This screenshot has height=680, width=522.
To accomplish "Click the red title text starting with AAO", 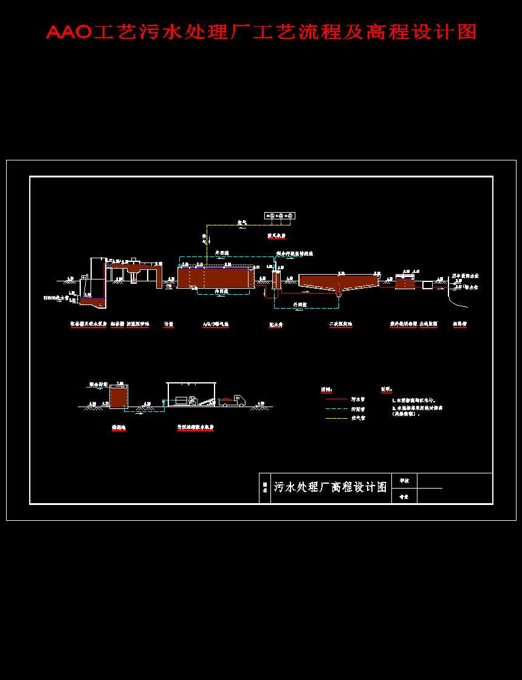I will [x=261, y=32].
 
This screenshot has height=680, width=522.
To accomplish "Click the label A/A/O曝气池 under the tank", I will [x=216, y=325].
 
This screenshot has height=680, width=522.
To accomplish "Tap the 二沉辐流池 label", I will [x=340, y=325].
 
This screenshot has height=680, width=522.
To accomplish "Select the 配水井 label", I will [x=278, y=325].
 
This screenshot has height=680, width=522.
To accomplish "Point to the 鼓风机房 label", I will [x=276, y=236].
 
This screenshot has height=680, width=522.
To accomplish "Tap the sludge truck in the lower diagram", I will [x=233, y=400].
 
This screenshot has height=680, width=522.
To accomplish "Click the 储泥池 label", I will [x=118, y=427].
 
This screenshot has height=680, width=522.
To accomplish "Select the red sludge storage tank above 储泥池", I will [x=118, y=396].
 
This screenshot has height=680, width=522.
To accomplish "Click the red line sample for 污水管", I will [x=336, y=399].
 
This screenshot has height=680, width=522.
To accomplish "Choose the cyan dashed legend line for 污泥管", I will [x=336, y=409].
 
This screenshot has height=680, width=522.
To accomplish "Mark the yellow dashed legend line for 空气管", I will [x=336, y=418].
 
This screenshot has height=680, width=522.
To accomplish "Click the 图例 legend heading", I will [x=326, y=389].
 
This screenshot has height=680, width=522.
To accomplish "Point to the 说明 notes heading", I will [x=386, y=389].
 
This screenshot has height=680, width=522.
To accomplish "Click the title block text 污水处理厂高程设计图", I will [x=330, y=487].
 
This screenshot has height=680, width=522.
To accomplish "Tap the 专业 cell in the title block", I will [x=404, y=496].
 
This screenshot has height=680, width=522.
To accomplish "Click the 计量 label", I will [x=169, y=325].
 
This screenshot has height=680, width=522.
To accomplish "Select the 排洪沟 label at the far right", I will [x=459, y=325].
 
